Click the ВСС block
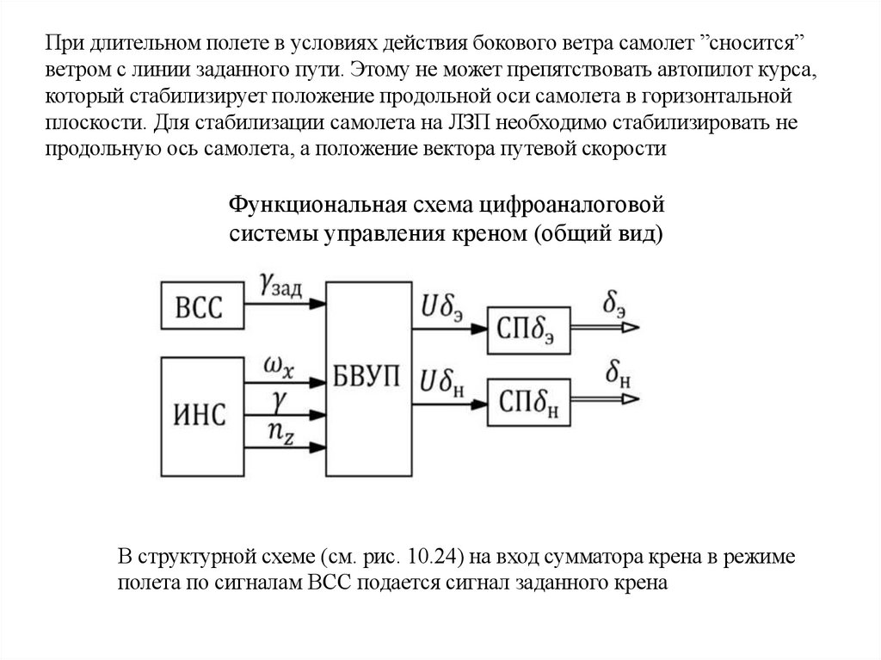point(200,306)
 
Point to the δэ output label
point(614,302)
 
